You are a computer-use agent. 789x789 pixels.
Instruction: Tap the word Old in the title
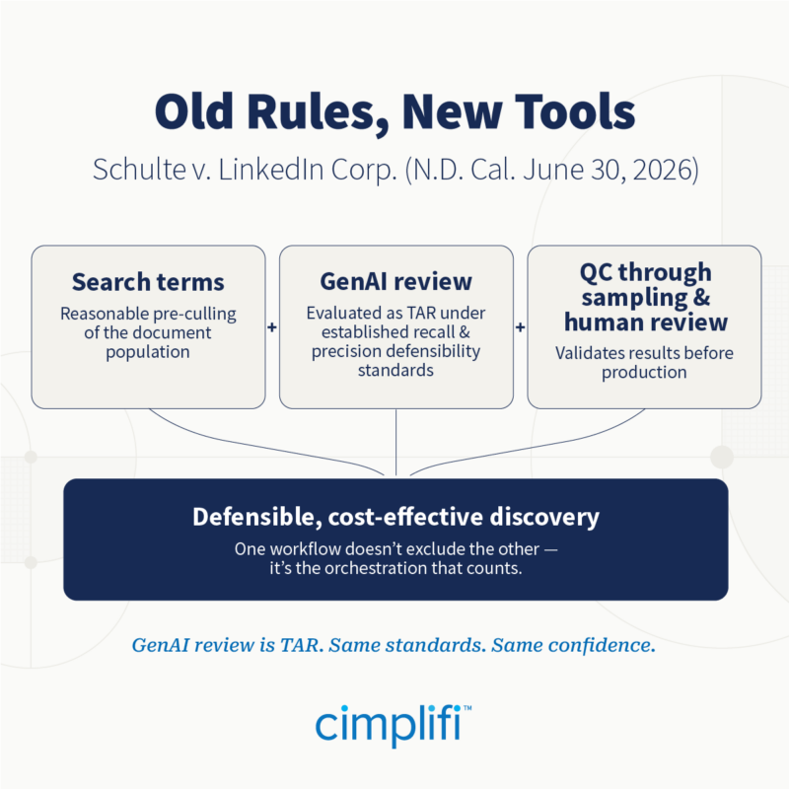194,111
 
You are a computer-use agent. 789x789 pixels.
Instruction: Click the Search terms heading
148,282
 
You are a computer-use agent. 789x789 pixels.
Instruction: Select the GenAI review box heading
396,281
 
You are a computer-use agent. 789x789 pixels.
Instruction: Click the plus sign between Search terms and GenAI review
272,327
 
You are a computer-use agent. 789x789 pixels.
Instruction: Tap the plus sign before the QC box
521,327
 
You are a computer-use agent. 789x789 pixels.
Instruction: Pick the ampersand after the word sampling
701,297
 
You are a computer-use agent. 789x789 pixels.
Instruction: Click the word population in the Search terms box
148,352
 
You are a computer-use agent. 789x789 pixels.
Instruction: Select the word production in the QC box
644,373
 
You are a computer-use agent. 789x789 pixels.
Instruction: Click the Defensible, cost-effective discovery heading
396,517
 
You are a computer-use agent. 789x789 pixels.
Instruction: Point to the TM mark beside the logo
467,708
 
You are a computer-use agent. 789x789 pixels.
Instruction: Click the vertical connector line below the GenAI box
396,442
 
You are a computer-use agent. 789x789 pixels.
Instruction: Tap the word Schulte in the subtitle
139,170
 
